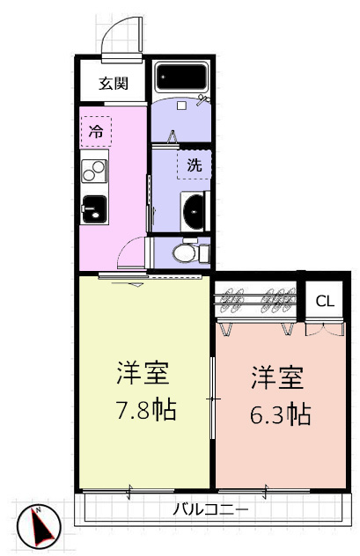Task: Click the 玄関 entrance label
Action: (x=114, y=84)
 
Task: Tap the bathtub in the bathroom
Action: (x=182, y=77)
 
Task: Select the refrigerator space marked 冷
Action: (x=96, y=132)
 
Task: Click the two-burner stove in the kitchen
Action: (x=94, y=171)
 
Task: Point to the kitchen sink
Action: (x=94, y=209)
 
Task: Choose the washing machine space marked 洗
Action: (x=194, y=165)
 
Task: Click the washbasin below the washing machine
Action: (x=195, y=212)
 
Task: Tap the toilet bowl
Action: (x=185, y=253)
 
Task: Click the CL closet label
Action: (x=325, y=302)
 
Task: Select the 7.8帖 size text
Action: (x=146, y=410)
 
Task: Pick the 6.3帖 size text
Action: (x=281, y=413)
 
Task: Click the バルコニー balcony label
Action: (x=210, y=510)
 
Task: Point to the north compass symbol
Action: (x=40, y=526)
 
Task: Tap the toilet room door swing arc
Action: (x=124, y=245)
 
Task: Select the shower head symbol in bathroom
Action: (x=203, y=99)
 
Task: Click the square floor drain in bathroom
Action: (x=181, y=106)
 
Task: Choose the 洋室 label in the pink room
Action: (x=277, y=378)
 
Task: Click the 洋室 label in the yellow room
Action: (x=143, y=373)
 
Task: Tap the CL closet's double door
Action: (x=325, y=329)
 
